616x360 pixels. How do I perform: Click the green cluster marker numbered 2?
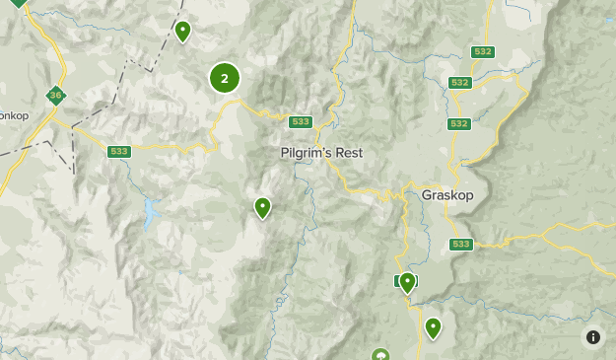tap(225, 78)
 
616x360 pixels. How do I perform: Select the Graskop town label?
tap(447, 195)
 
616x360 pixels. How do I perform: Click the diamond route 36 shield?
tap(55, 96)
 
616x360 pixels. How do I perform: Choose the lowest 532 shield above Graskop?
tap(457, 123)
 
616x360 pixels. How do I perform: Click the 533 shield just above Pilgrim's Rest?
tap(301, 122)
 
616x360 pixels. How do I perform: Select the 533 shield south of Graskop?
tap(460, 244)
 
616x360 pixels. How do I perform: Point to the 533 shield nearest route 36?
tap(119, 151)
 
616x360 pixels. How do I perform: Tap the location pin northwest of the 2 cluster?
tap(182, 31)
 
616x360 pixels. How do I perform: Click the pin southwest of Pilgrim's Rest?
tap(262, 207)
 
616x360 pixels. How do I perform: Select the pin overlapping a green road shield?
tap(406, 282)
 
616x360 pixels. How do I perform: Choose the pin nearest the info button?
tap(433, 327)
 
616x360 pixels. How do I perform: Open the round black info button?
tap(592, 337)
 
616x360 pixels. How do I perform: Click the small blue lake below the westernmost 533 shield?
tap(149, 212)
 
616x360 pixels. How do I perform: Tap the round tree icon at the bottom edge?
tap(380, 354)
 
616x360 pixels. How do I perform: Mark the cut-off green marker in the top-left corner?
tap(18, 3)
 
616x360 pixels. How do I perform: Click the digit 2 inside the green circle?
tap(225, 78)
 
